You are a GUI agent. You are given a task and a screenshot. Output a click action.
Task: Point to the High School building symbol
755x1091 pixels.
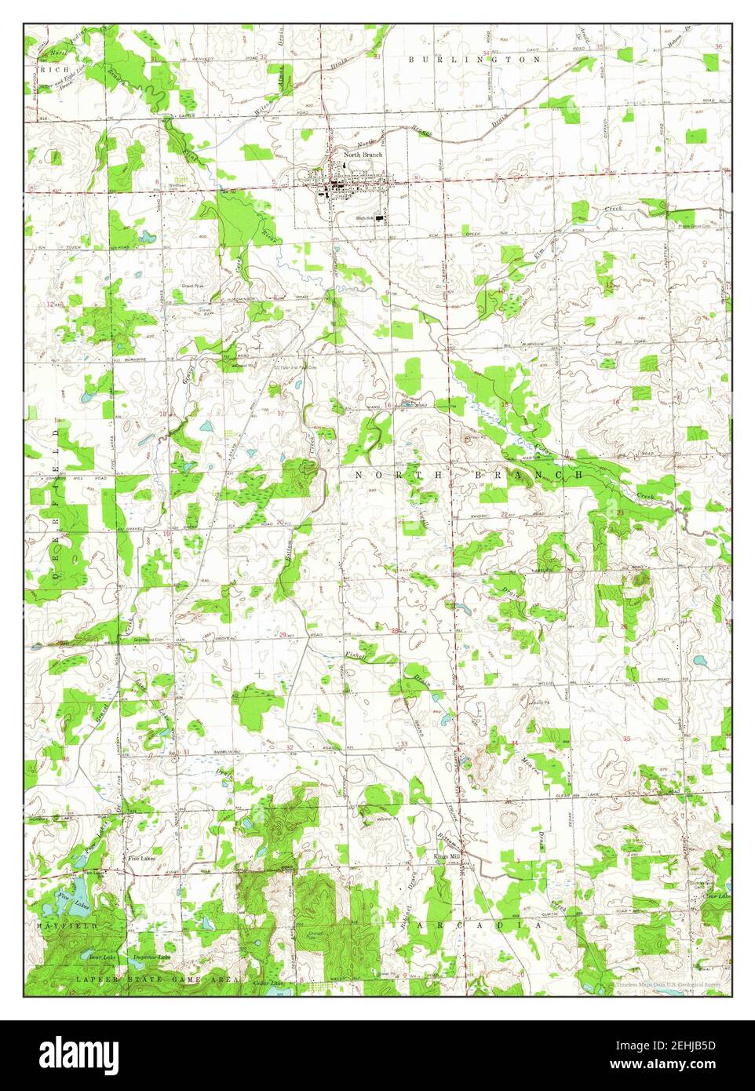[382, 218]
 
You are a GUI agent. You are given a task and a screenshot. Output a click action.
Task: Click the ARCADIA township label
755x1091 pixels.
[479, 927]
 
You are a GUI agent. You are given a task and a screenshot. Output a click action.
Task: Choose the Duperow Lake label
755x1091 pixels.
[151, 958]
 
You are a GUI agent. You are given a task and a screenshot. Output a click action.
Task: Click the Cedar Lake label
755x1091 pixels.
[268, 983]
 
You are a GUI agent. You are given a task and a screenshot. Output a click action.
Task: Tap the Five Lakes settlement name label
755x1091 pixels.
[142, 859]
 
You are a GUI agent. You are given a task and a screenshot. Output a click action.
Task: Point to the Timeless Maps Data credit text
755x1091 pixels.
[667, 983]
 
